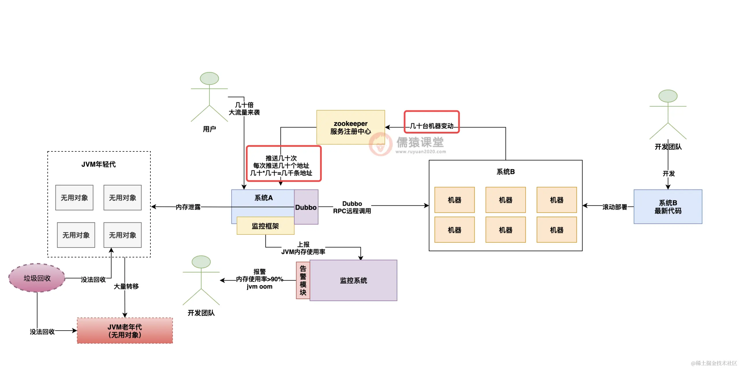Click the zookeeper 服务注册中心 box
click(350, 127)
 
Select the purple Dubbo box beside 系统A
click(306, 207)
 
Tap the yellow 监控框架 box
click(266, 226)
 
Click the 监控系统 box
click(353, 280)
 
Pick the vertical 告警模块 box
click(303, 280)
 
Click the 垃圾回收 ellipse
click(37, 278)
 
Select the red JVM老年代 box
click(125, 331)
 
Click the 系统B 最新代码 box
click(668, 206)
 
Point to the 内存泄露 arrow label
click(188, 207)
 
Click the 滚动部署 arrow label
click(615, 207)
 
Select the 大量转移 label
click(126, 286)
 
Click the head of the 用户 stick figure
click(209, 78)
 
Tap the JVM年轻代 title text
click(98, 164)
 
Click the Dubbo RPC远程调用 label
click(352, 207)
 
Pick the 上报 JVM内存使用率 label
click(303, 248)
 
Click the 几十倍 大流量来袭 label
click(244, 108)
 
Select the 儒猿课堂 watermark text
click(420, 142)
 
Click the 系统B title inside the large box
click(505, 172)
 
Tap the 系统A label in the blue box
click(263, 198)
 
